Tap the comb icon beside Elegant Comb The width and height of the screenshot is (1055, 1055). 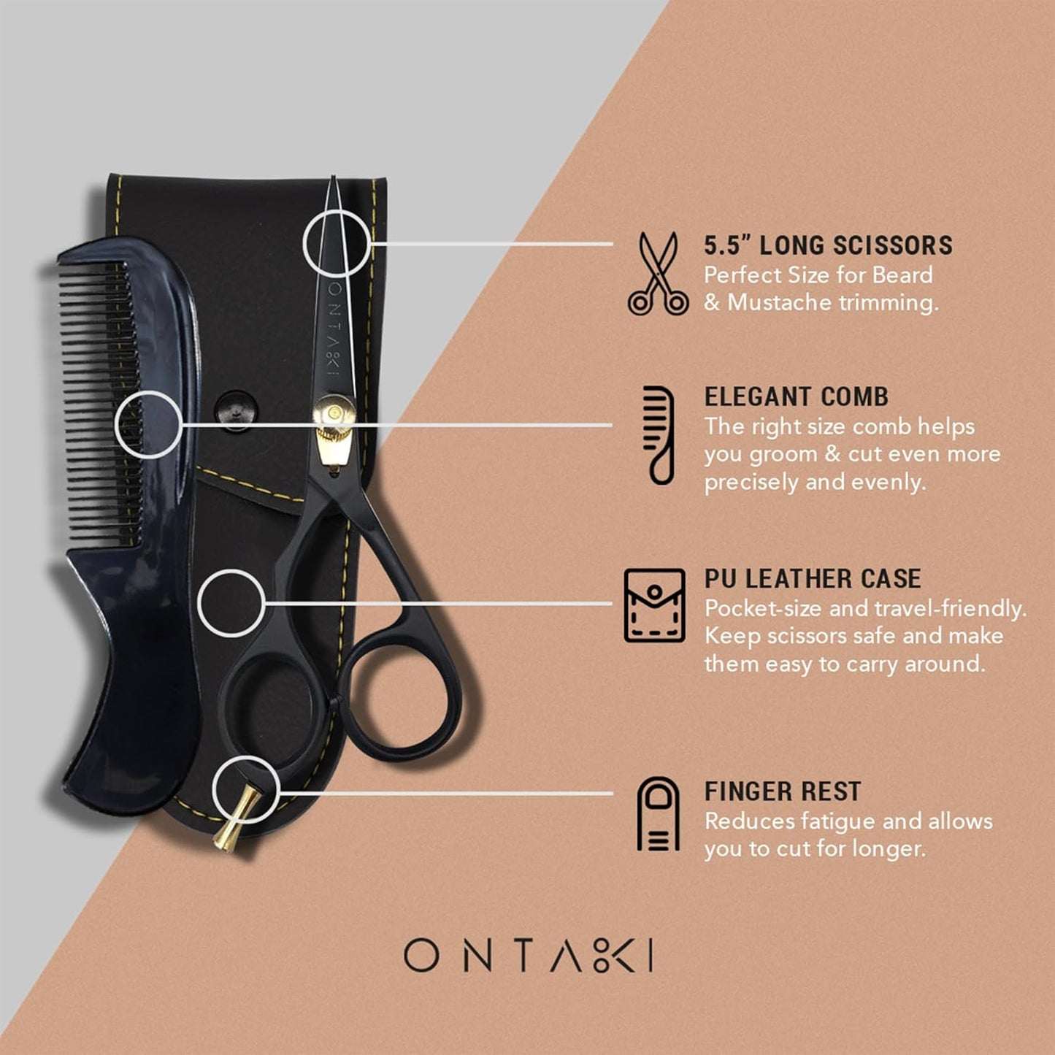(x=659, y=435)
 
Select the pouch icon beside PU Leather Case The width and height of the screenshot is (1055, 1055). (x=655, y=605)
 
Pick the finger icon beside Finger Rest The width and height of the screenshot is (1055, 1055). (x=658, y=814)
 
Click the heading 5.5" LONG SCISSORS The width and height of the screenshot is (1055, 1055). (x=828, y=245)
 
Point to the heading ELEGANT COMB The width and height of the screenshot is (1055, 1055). (x=796, y=397)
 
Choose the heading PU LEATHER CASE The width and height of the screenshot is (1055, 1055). (x=812, y=579)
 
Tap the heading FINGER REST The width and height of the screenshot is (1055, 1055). (x=782, y=791)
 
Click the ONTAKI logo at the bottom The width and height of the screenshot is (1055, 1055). (x=529, y=956)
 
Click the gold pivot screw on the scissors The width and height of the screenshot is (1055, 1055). (x=334, y=414)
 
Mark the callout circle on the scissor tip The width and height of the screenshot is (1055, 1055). (x=337, y=242)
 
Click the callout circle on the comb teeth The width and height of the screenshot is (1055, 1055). (x=148, y=425)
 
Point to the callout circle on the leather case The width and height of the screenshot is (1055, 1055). (x=231, y=603)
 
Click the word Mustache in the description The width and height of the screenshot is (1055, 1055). (x=780, y=303)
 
